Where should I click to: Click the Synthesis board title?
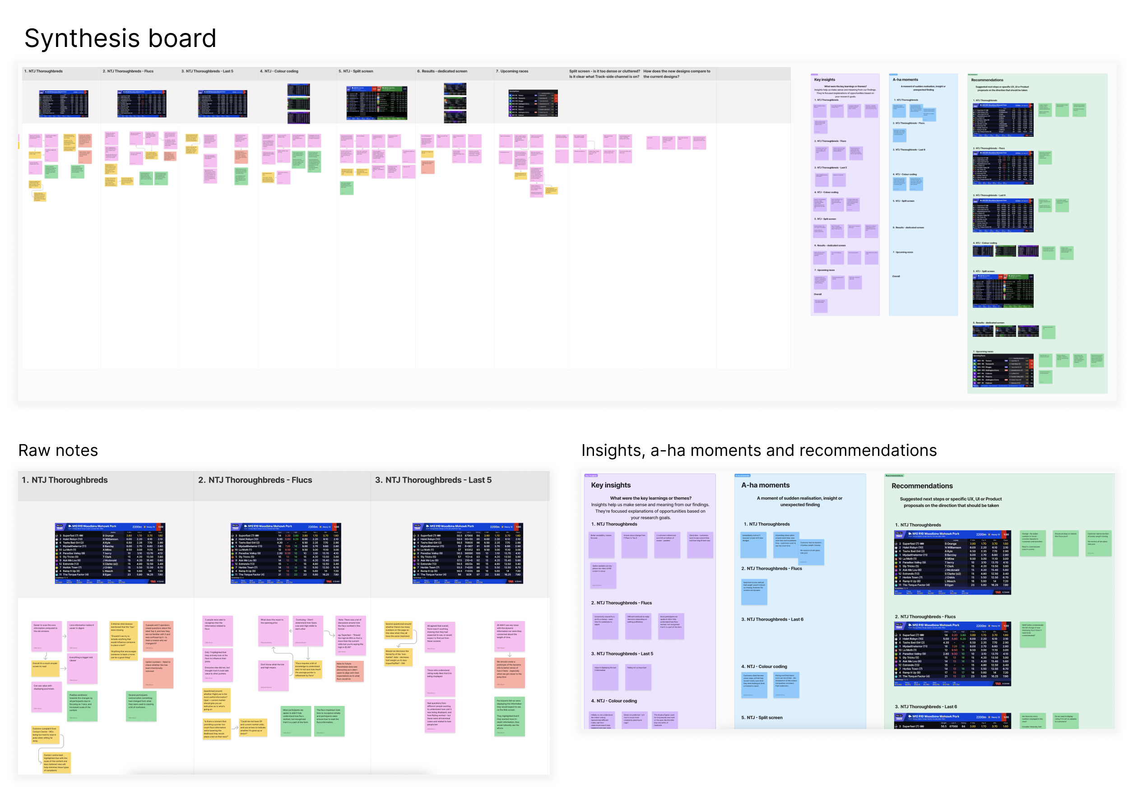(x=121, y=38)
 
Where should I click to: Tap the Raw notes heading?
(x=58, y=450)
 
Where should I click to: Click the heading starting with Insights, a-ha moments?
(x=759, y=450)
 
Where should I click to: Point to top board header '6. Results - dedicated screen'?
(x=441, y=71)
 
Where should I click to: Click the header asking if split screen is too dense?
(x=604, y=74)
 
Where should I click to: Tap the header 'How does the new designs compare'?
(x=677, y=74)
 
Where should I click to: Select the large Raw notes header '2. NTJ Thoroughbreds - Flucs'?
(x=255, y=480)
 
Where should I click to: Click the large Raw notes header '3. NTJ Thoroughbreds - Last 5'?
(x=433, y=480)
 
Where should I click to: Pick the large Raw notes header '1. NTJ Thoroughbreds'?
(x=65, y=480)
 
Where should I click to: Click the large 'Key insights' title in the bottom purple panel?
(x=611, y=485)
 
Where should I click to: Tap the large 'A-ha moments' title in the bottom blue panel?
(x=765, y=485)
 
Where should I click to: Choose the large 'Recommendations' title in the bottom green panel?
(x=922, y=486)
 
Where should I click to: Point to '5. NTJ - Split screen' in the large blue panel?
(x=761, y=718)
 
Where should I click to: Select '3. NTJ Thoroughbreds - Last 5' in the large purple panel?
(x=622, y=654)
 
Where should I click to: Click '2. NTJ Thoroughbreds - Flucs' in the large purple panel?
(x=622, y=603)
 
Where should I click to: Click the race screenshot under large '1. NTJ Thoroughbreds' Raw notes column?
(x=110, y=553)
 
